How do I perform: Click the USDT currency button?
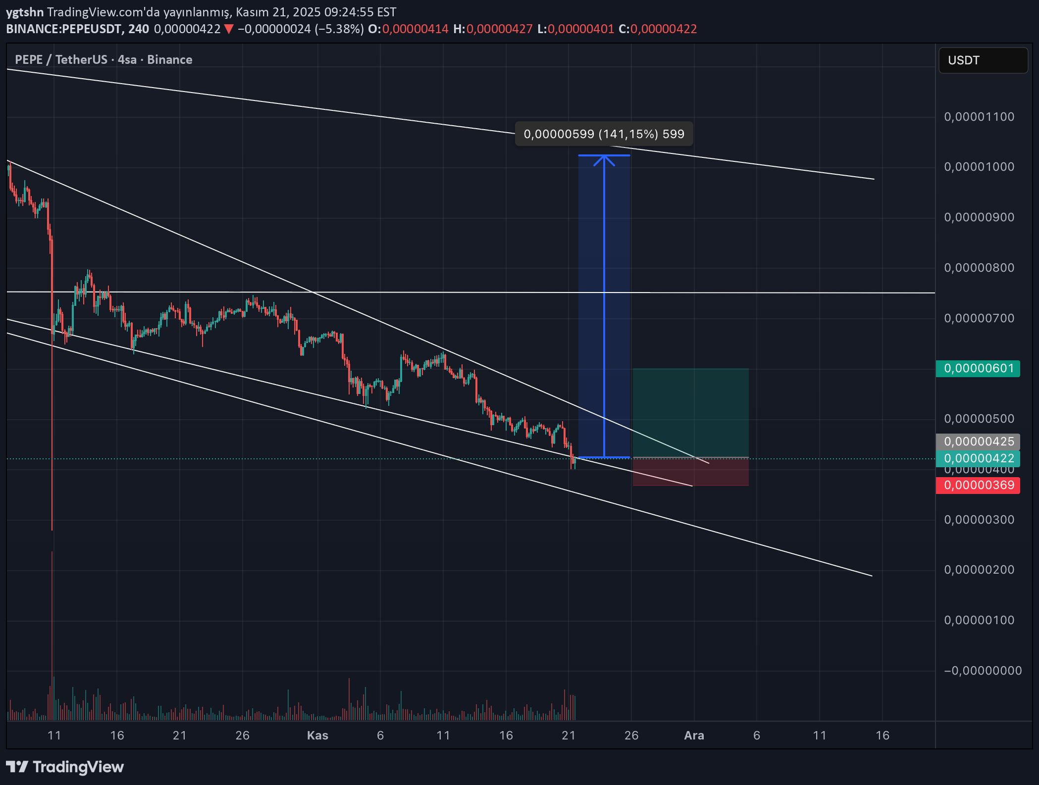(983, 60)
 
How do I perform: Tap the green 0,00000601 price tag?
(978, 368)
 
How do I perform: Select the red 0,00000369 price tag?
(978, 485)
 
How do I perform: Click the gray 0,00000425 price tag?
(978, 441)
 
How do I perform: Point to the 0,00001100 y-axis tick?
(979, 117)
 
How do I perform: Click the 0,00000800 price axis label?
(979, 268)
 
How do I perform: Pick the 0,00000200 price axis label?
(979, 570)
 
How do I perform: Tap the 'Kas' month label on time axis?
(317, 736)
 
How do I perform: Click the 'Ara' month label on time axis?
(694, 736)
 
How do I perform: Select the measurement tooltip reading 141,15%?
(604, 134)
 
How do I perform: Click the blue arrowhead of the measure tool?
(604, 159)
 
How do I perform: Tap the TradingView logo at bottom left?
(65, 767)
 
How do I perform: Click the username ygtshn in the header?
(25, 12)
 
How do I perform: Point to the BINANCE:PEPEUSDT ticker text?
(64, 29)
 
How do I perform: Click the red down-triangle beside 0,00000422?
(229, 29)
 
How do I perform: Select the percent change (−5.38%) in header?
(339, 29)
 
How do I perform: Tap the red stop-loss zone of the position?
(690, 472)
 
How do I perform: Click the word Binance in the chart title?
(169, 60)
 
